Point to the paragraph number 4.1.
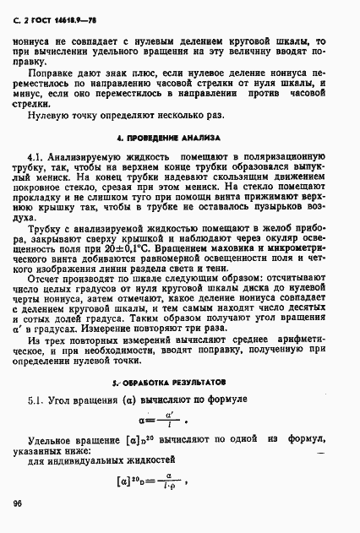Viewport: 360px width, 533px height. [38, 157]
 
